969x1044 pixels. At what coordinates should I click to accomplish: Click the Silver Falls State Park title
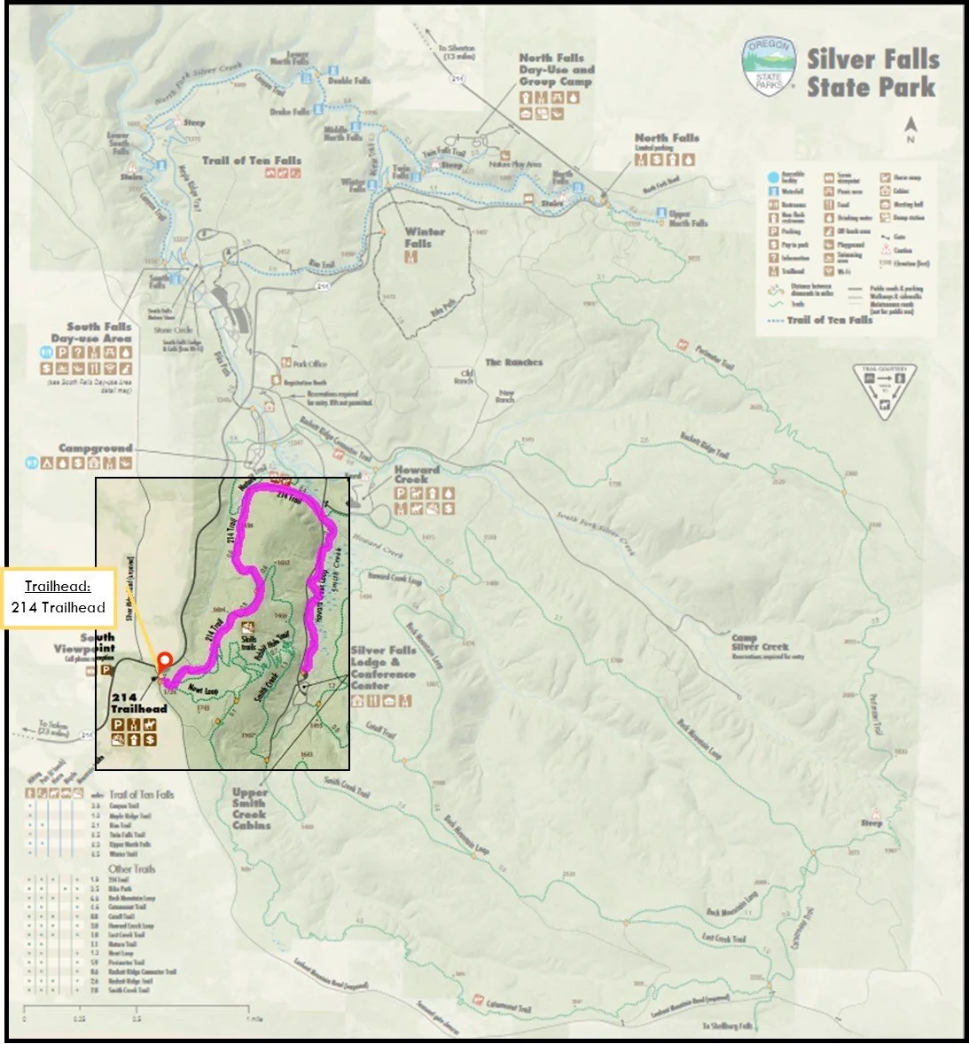pos(871,74)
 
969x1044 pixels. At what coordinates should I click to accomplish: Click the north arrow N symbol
pos(910,132)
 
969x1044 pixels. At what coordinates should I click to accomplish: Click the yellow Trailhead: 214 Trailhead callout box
pos(59,598)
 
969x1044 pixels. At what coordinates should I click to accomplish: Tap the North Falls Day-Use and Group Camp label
pos(557,70)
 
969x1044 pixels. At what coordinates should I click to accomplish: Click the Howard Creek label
pos(416,475)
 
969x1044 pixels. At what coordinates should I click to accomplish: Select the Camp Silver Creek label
pos(760,643)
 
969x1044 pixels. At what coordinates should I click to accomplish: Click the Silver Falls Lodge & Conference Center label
pos(383,668)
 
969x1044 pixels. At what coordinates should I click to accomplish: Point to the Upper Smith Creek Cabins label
pos(251,808)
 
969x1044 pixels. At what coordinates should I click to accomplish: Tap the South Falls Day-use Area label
pos(91,332)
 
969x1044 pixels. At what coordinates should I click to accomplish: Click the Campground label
pos(96,448)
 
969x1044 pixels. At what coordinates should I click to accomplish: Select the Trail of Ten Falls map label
pos(252,160)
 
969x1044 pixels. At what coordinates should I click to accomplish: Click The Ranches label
pos(513,362)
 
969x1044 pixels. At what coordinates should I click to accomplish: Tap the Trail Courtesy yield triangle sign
pos(885,391)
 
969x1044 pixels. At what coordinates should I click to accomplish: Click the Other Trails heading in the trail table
pos(133,869)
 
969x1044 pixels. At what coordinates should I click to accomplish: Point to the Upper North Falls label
pos(688,218)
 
